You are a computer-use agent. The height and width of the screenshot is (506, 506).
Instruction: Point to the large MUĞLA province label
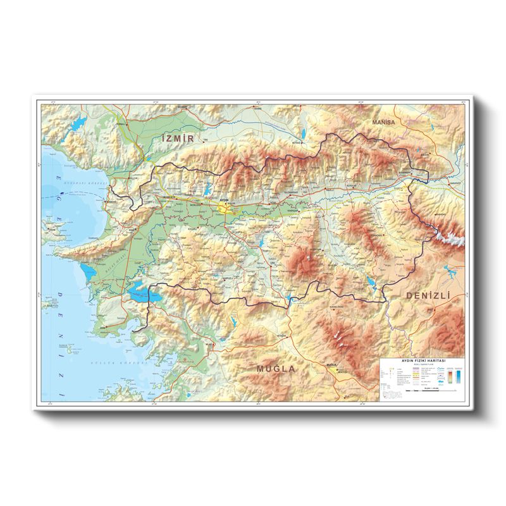click(x=276, y=368)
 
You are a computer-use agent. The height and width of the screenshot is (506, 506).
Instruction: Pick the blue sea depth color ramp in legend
click(x=457, y=378)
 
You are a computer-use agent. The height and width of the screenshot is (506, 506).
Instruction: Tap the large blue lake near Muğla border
click(x=140, y=293)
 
